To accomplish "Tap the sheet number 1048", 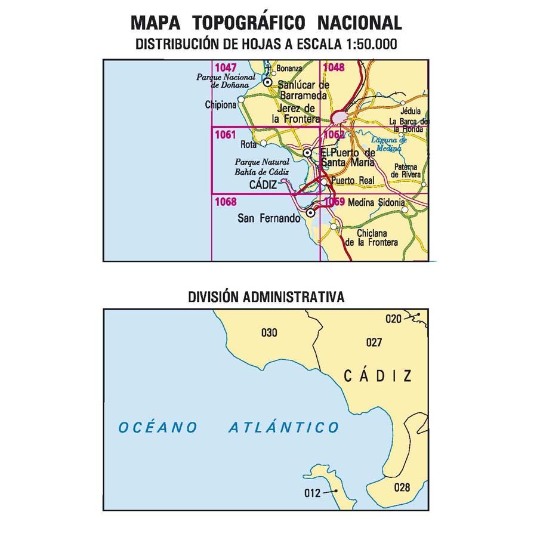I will point(334,67).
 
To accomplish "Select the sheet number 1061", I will point(224,135).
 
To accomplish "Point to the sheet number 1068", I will point(224,202).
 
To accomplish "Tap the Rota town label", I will point(247,144).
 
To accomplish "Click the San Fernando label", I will point(268,218).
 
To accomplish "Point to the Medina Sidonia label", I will point(375,203).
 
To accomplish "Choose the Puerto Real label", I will point(351,180).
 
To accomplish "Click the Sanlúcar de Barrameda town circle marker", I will point(268,83).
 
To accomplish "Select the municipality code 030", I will point(269,333).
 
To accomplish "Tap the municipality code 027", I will point(374,342).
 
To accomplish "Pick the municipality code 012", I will point(312,493).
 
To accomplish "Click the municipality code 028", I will point(402,487).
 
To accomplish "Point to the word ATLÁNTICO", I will point(284,427).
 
